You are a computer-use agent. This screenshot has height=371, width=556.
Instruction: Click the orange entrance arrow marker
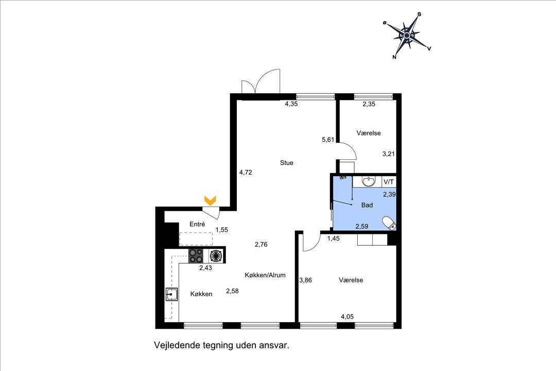click(x=210, y=200)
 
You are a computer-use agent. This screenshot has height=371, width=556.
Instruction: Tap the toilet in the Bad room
click(x=389, y=223)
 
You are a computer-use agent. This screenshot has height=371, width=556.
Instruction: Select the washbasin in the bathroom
click(x=369, y=181)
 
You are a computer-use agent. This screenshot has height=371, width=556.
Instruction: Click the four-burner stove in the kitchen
click(x=196, y=256)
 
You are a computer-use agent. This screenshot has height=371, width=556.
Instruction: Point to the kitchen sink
click(x=171, y=294)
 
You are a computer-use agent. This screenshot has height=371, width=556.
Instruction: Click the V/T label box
click(x=389, y=182)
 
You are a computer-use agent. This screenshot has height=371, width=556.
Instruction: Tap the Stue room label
click(x=287, y=163)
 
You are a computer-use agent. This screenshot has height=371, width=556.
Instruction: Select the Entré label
click(x=197, y=224)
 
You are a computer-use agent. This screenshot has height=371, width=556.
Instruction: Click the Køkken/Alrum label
click(x=265, y=275)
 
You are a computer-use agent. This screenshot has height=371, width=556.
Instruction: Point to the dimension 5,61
click(x=328, y=140)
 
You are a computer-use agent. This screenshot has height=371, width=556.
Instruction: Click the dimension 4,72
click(x=246, y=173)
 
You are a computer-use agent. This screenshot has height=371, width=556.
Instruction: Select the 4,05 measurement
click(x=347, y=317)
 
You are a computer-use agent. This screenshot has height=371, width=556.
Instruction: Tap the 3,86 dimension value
click(x=305, y=280)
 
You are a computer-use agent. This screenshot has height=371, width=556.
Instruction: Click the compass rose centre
click(x=407, y=35)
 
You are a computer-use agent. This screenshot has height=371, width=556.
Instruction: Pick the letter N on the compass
click(x=394, y=57)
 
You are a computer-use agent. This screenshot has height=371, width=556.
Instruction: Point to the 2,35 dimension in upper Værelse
click(x=369, y=104)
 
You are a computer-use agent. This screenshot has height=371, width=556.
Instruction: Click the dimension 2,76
click(x=261, y=244)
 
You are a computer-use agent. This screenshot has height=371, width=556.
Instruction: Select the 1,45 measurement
click(x=333, y=239)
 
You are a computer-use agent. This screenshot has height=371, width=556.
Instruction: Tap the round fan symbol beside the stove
click(x=216, y=256)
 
